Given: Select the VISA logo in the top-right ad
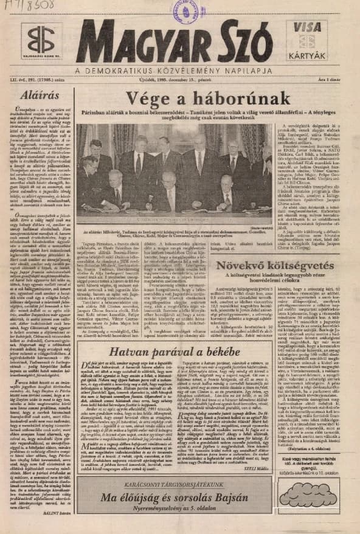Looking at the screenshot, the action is [307, 27].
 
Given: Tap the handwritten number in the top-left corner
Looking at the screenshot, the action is [27, 7].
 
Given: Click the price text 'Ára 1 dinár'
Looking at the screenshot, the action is [328, 82].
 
